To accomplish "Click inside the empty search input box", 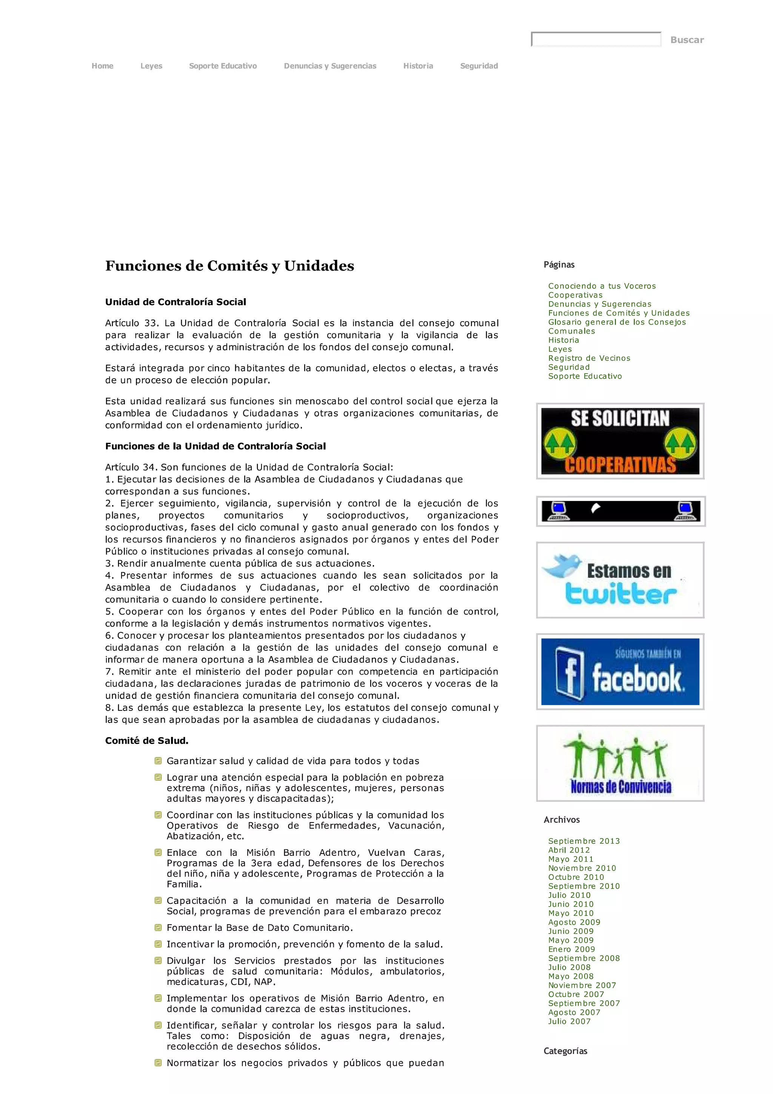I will (596, 40).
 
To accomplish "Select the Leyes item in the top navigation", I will (151, 66).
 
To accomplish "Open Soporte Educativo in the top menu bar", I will (223, 66).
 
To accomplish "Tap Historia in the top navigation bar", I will (418, 66).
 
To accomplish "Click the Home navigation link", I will (102, 66).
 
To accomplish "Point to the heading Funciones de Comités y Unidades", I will (229, 266).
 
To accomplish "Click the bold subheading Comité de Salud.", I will (147, 740).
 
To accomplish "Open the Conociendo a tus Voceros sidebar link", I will (602, 286).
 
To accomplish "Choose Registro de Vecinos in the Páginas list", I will (589, 358).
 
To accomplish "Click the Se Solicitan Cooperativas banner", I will (620, 441).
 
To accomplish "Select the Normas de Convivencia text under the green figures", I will (621, 787).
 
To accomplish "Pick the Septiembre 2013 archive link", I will (584, 841).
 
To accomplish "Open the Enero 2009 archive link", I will (571, 949).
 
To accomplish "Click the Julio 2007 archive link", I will (569, 1021).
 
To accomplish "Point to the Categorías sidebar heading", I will (565, 1051).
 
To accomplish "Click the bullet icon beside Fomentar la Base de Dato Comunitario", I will (158, 927).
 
